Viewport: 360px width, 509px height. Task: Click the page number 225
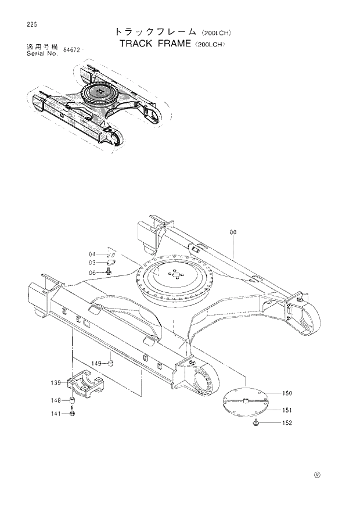tap(24, 24)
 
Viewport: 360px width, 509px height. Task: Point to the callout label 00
tap(233, 232)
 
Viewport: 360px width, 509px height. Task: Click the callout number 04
tap(92, 254)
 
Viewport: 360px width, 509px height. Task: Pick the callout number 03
tap(92, 263)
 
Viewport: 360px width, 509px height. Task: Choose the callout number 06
tap(92, 273)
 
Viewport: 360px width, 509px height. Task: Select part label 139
tap(56, 382)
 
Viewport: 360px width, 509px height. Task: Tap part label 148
tap(56, 400)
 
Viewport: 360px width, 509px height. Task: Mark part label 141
tap(56, 413)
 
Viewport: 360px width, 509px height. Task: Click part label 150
tap(287, 393)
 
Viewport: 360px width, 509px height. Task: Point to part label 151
tap(287, 410)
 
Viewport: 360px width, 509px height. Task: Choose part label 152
tap(287, 423)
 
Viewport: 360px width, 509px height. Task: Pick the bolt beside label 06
tap(109, 271)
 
